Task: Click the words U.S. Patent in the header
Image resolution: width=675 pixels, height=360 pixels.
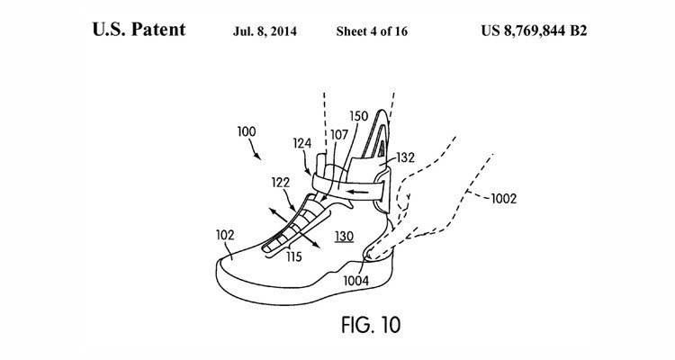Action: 139,29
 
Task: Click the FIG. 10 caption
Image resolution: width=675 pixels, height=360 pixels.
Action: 337,319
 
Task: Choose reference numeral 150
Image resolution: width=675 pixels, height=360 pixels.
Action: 358,116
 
